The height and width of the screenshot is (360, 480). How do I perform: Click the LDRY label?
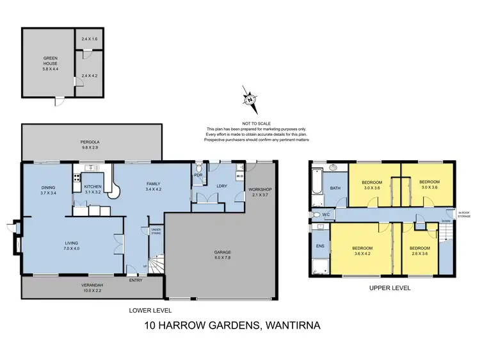pyautogui.click(x=221, y=186)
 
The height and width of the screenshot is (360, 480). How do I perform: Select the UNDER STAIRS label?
pyautogui.click(x=156, y=231)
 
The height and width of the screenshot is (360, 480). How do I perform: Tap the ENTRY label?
pyautogui.click(x=136, y=279)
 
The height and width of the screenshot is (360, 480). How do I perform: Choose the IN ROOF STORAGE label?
pyautogui.click(x=464, y=215)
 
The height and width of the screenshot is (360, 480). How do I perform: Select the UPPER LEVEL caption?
pyautogui.click(x=390, y=288)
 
